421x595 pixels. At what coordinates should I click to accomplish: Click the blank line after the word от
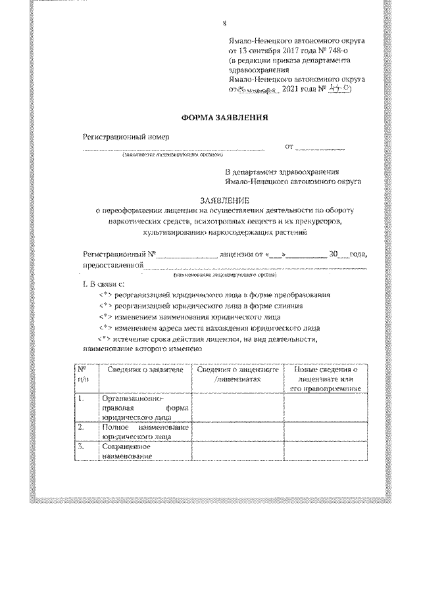[320, 148]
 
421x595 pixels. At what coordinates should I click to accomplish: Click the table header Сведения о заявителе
[141, 370]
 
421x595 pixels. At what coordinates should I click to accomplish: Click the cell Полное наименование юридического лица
[145, 431]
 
